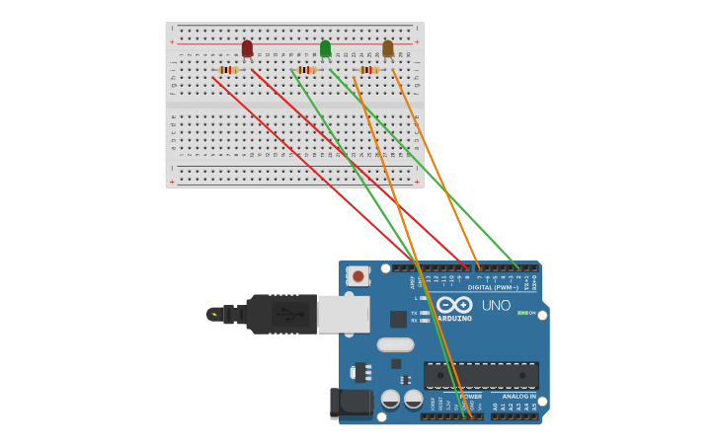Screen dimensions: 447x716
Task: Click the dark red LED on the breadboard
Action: [247, 48]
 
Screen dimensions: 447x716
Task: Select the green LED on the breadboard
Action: [325, 48]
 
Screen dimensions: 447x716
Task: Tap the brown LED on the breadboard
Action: [388, 48]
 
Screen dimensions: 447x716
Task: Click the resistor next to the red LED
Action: [229, 70]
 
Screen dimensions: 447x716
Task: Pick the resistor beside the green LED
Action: [306, 70]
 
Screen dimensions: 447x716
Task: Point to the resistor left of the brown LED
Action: [368, 70]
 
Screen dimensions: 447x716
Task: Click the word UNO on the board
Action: [496, 306]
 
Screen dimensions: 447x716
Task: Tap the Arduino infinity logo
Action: [455, 305]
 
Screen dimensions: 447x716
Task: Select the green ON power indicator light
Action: [522, 313]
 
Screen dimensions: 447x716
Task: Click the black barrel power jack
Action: [351, 402]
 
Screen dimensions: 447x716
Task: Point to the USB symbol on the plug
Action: [287, 314]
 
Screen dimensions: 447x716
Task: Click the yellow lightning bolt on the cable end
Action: [214, 314]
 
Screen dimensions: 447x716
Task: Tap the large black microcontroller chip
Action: [481, 375]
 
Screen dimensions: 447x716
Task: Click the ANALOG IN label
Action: [517, 396]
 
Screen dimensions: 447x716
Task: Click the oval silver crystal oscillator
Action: [395, 344]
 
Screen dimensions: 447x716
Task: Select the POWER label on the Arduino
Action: [470, 396]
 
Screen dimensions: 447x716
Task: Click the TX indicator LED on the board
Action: [425, 313]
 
